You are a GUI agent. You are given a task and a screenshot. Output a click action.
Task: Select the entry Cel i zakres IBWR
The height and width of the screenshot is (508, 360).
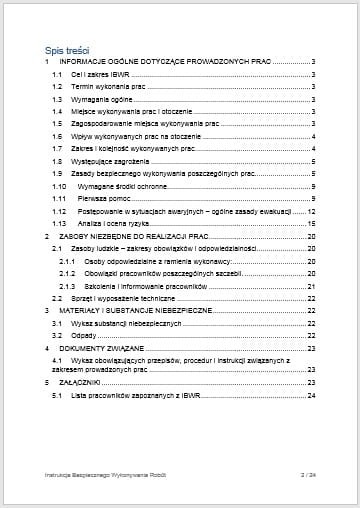[x=104, y=75]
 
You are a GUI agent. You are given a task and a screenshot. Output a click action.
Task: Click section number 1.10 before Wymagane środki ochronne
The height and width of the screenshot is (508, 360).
[x=59, y=186]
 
